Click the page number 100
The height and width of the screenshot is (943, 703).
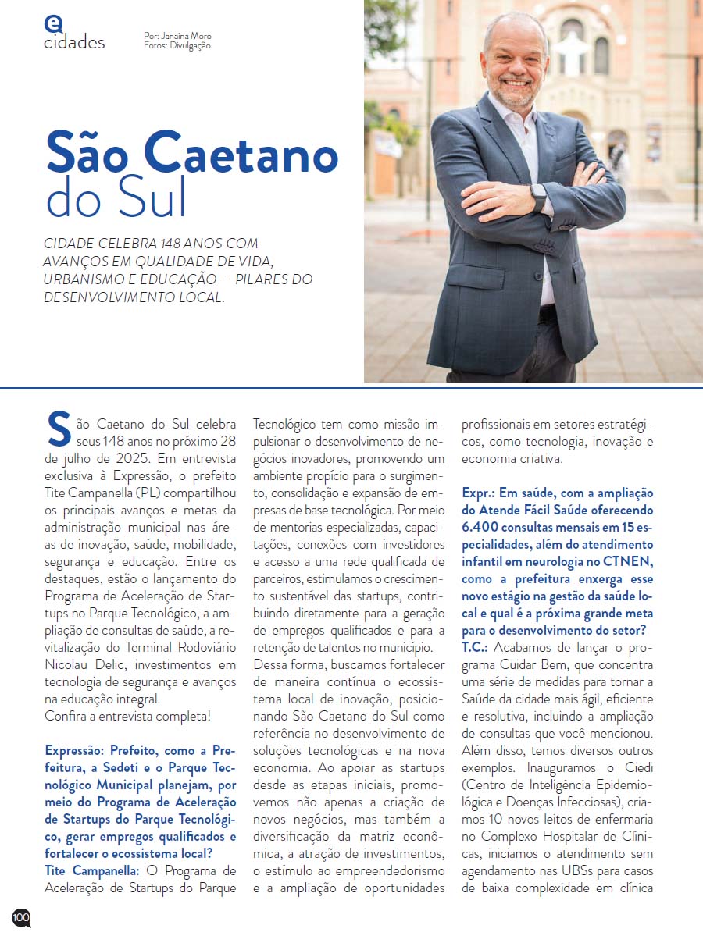point(21,917)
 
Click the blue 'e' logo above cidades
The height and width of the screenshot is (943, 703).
point(53,24)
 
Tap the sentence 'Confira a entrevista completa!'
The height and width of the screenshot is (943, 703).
point(127,716)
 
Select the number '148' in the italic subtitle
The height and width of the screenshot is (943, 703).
point(181,244)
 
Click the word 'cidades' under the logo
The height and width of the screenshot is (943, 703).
point(74,43)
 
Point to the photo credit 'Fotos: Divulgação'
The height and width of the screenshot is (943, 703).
point(177,46)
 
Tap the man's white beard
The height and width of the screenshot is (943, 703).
point(516,86)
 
